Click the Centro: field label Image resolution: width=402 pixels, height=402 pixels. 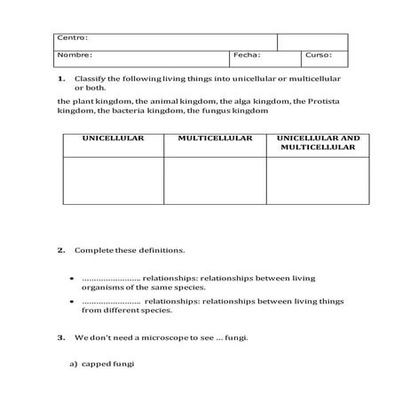[71, 37]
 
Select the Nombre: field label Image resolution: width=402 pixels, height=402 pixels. [75, 55]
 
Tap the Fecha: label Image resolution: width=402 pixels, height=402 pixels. [246, 55]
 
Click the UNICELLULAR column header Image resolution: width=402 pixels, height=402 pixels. [113, 138]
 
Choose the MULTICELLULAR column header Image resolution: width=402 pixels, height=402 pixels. [215, 138]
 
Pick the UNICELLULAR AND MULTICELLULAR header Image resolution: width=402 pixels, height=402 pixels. [318, 143]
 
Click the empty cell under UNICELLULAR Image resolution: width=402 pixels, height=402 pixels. [113, 180]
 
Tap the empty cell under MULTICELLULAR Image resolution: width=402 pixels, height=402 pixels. [215, 180]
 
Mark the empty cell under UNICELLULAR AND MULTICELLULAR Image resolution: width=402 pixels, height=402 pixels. [318, 180]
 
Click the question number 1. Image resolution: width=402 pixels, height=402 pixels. [61, 78]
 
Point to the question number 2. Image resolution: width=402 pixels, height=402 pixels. [61, 250]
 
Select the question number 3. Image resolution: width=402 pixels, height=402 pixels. [61, 337]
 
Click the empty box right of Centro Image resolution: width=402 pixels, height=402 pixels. [312, 42]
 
